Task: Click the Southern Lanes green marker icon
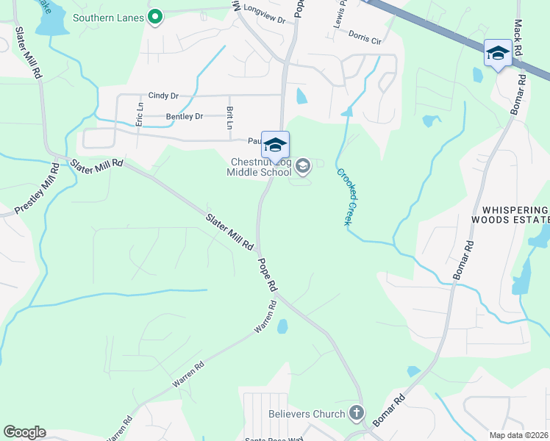point(154,17)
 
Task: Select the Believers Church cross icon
point(357,413)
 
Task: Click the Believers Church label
point(307,414)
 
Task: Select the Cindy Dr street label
point(163,96)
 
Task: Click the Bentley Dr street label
point(184,116)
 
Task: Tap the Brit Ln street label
point(229,118)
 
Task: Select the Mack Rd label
point(518,29)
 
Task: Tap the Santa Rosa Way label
point(274,439)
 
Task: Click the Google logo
point(24,432)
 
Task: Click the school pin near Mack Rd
point(498,54)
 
